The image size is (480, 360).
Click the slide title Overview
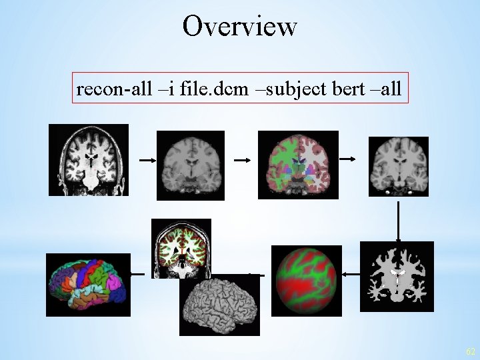(x=239, y=27)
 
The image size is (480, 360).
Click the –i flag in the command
(x=164, y=89)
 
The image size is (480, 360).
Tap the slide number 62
(x=471, y=351)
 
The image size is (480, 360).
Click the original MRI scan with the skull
(x=88, y=160)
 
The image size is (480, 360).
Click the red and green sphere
(x=307, y=281)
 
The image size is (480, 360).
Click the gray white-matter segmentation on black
(x=397, y=277)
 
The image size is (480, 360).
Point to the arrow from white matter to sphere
(x=350, y=273)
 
